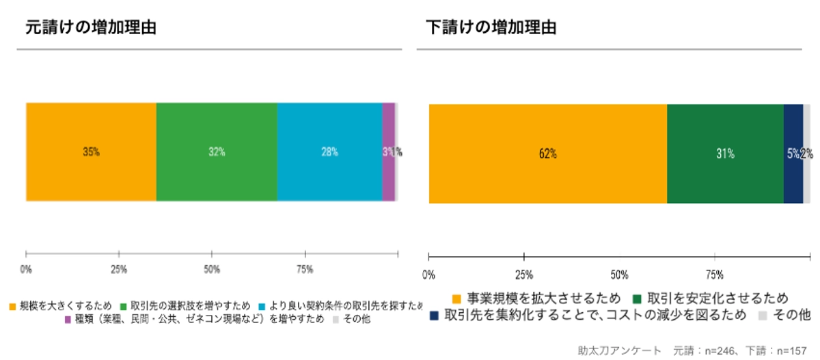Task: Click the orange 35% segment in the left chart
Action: tap(91, 152)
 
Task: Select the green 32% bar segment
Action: tap(217, 152)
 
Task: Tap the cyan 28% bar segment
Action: tap(329, 152)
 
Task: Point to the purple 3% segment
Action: tap(387, 152)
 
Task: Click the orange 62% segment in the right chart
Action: tap(547, 154)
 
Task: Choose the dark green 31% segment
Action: tap(725, 154)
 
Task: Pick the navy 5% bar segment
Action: tap(793, 154)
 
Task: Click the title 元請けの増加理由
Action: tap(91, 28)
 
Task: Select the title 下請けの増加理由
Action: tap(491, 28)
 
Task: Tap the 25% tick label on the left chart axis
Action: tap(119, 269)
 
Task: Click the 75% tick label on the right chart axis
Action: tap(715, 275)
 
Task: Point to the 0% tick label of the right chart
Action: tap(428, 275)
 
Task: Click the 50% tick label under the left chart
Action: tap(212, 269)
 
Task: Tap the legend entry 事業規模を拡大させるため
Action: tap(543, 299)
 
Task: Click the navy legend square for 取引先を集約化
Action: tap(434, 316)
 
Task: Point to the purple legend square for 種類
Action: tap(68, 319)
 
